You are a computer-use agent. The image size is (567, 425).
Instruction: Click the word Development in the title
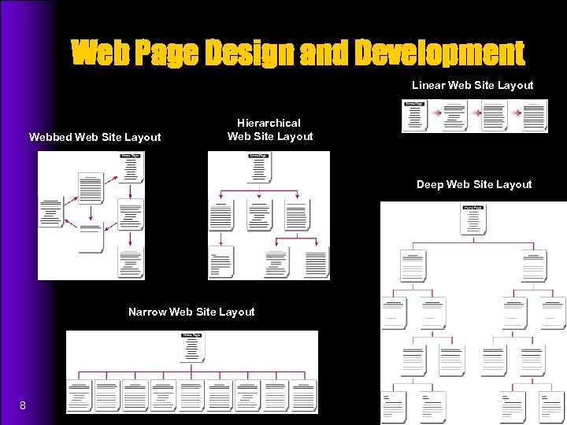pyautogui.click(x=439, y=54)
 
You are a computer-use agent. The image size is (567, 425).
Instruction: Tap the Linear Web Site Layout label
pyautogui.click(x=472, y=85)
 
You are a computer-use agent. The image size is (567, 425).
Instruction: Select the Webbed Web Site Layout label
pyautogui.click(x=95, y=137)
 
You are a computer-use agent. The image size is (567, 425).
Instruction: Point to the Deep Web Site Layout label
pyautogui.click(x=474, y=184)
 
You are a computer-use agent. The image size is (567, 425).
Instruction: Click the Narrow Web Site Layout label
pyautogui.click(x=191, y=312)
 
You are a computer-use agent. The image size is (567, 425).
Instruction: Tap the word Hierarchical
pyautogui.click(x=269, y=123)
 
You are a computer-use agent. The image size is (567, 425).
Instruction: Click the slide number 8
pyautogui.click(x=23, y=405)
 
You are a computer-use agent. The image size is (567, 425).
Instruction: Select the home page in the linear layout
pyautogui.click(x=415, y=115)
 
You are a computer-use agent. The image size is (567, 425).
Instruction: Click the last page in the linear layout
pyautogui.click(x=535, y=115)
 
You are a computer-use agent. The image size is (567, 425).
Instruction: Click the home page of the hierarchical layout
pyautogui.click(x=259, y=167)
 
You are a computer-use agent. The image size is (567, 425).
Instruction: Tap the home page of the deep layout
pyautogui.click(x=473, y=220)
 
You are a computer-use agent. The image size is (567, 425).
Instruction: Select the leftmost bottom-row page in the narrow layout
pyautogui.click(x=79, y=396)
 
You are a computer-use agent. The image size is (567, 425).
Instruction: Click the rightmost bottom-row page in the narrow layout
pyautogui.click(x=304, y=396)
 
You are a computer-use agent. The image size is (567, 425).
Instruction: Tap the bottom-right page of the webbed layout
pyautogui.click(x=130, y=263)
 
